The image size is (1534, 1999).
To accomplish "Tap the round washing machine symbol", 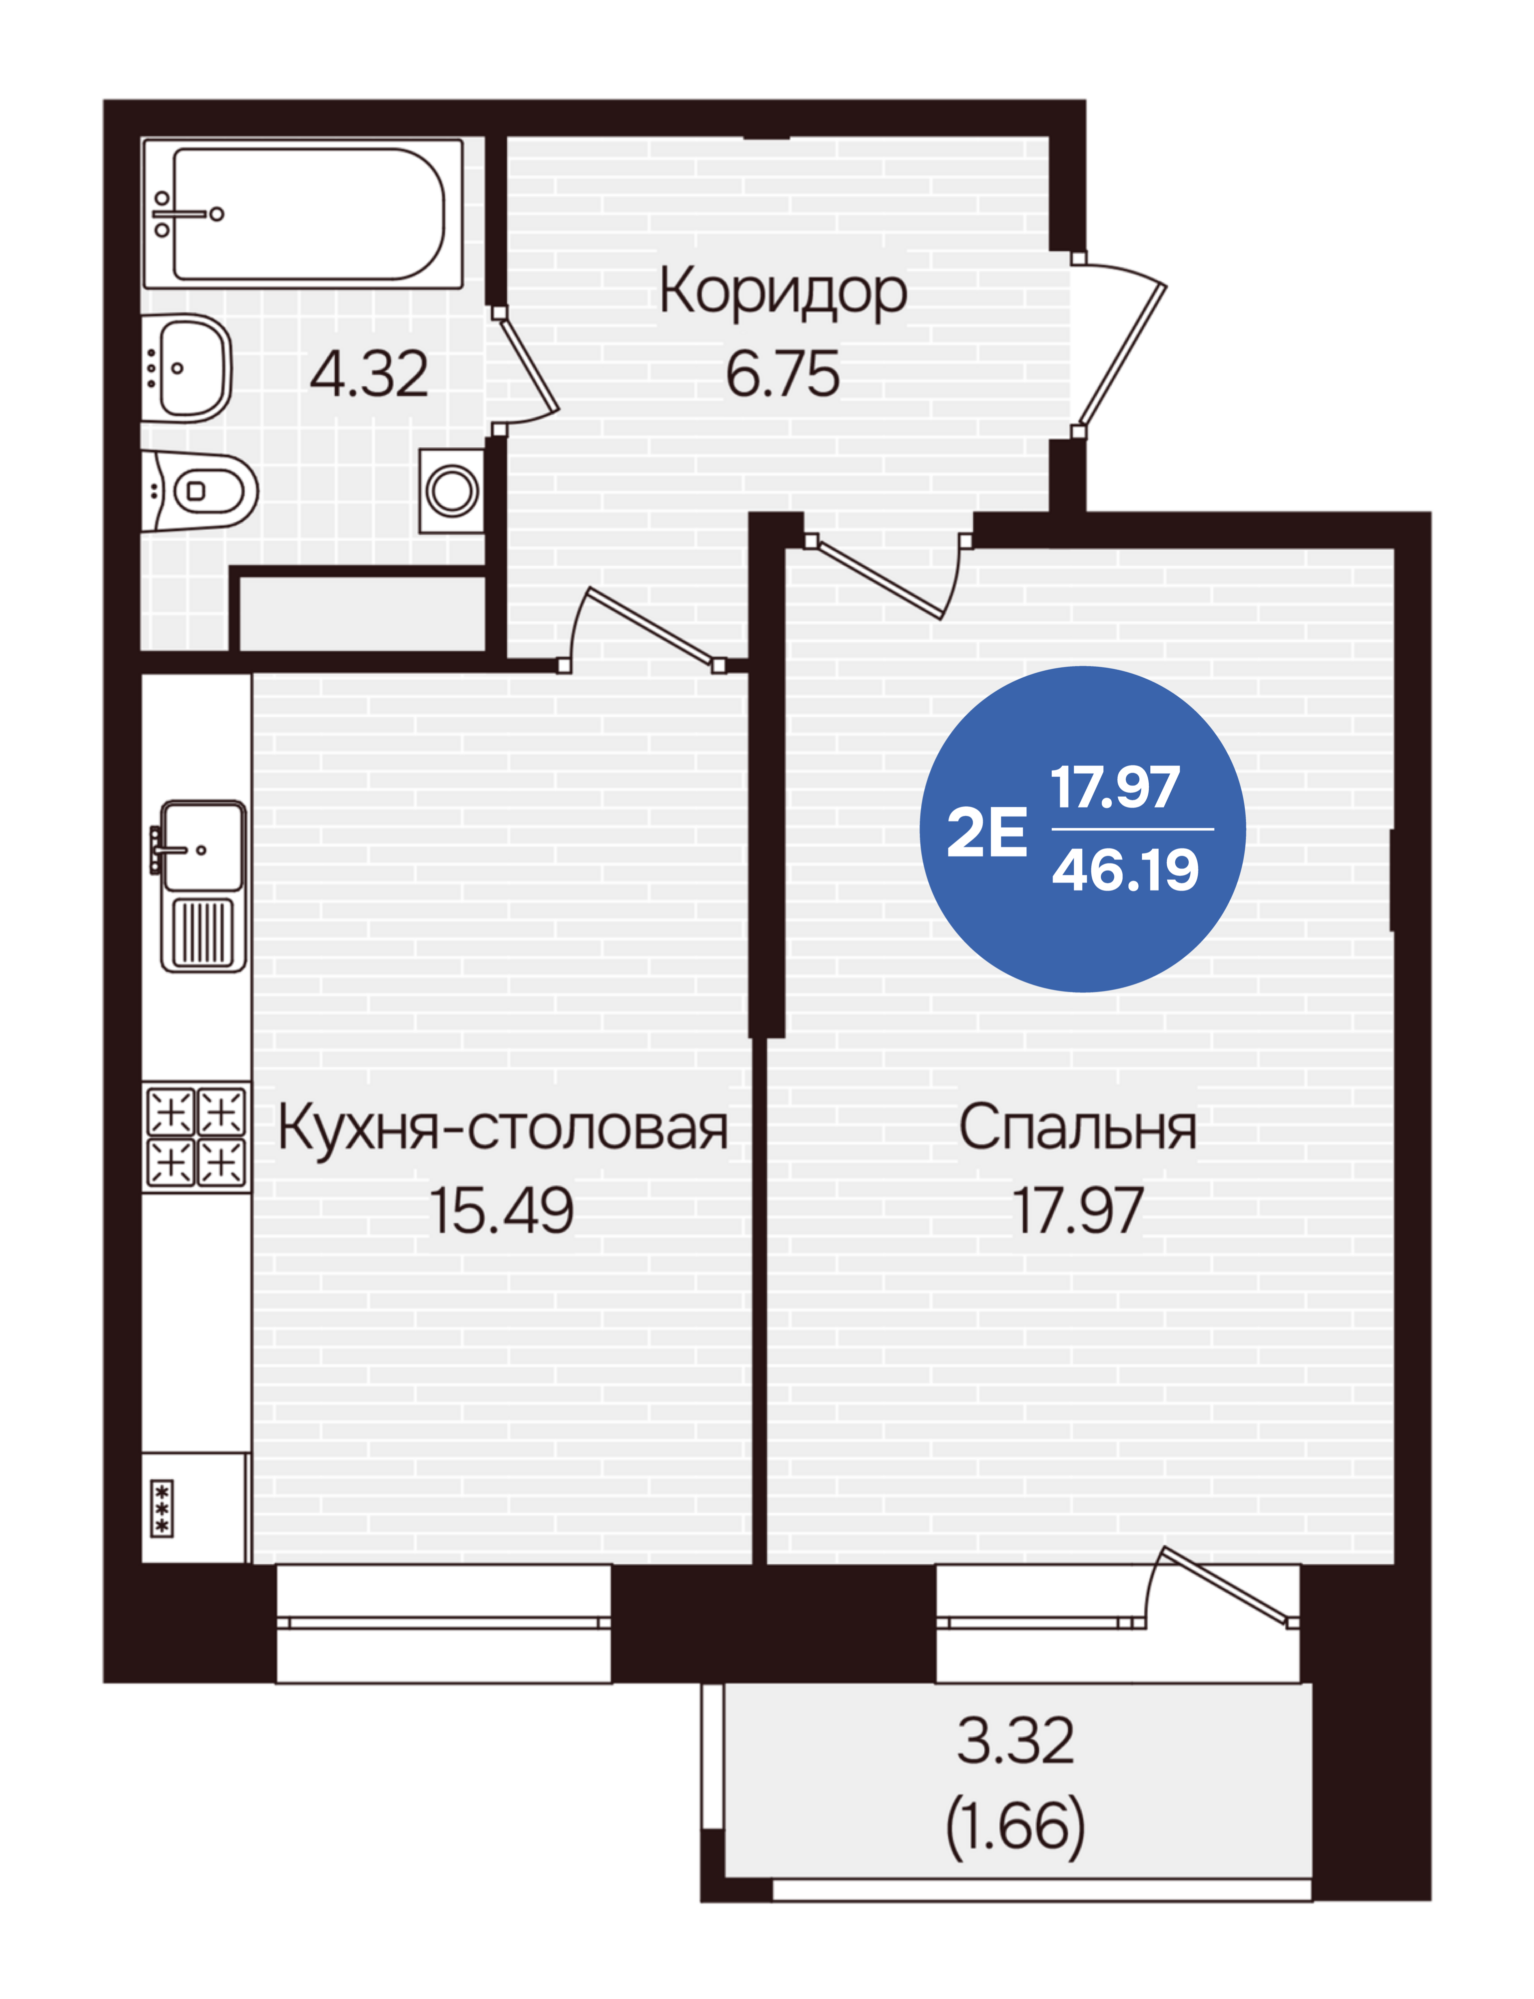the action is (452, 490).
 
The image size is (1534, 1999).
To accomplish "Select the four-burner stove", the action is (196, 1137).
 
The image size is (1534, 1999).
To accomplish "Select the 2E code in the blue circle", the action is (986, 833).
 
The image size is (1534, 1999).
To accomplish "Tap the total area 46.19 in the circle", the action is (1126, 870).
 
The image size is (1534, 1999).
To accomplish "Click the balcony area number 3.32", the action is (1015, 1741).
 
